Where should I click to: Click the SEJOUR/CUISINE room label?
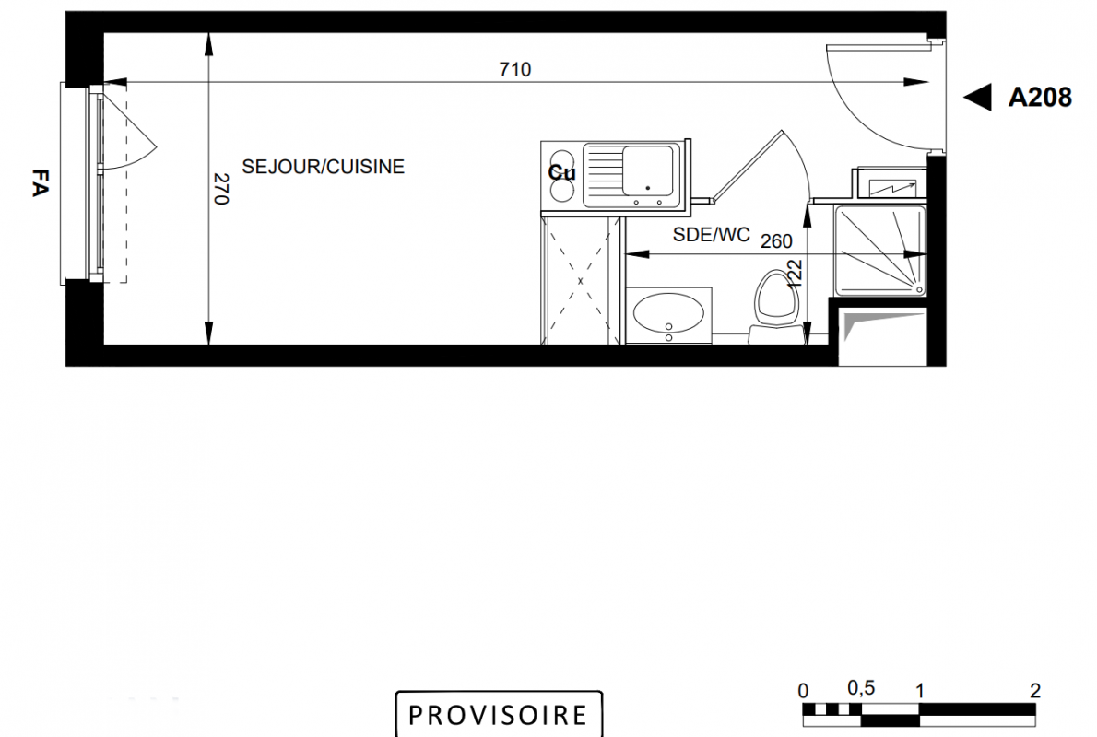click(x=324, y=167)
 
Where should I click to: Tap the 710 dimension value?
click(x=515, y=69)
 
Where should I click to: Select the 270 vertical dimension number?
click(x=220, y=189)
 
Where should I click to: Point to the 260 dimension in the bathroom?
click(x=776, y=241)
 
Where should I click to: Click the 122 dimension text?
click(x=795, y=275)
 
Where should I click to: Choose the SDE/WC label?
click(x=711, y=235)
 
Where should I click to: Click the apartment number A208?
click(x=1040, y=98)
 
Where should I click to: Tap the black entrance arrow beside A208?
click(x=977, y=98)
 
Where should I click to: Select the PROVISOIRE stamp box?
click(x=499, y=714)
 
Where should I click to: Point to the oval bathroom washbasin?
click(x=668, y=312)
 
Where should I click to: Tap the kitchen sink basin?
click(x=648, y=170)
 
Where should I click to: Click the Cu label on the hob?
click(x=561, y=172)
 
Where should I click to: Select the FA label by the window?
click(x=41, y=182)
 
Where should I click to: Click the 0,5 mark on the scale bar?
click(x=860, y=688)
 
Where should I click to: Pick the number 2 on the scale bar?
click(x=1035, y=691)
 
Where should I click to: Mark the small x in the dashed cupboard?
click(x=580, y=281)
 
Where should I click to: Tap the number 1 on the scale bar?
click(x=920, y=691)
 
